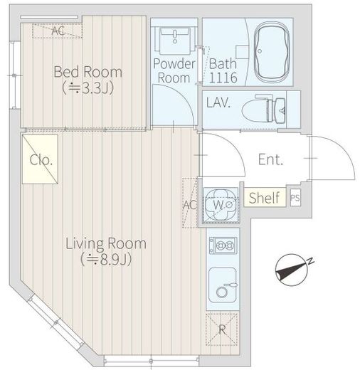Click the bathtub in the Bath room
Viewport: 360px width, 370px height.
272,52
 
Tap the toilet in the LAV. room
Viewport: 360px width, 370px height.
264,110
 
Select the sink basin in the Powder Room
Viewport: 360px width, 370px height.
175,41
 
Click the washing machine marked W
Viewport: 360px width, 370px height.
221,205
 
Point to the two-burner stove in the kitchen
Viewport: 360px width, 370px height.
223,245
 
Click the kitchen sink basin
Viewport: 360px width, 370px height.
223,285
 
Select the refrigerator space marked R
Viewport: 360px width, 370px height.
222,329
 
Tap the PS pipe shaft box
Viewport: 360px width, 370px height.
295,197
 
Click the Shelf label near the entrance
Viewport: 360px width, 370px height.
264,197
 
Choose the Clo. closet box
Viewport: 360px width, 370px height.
40,159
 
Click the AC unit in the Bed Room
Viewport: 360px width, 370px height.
57,31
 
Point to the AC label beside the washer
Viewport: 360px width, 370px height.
190,205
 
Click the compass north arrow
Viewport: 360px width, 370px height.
291,270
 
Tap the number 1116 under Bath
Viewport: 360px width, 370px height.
223,78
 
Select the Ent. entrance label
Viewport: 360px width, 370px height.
270,159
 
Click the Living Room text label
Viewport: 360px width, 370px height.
106,243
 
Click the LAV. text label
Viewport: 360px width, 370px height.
218,102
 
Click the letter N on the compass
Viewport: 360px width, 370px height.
310,261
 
